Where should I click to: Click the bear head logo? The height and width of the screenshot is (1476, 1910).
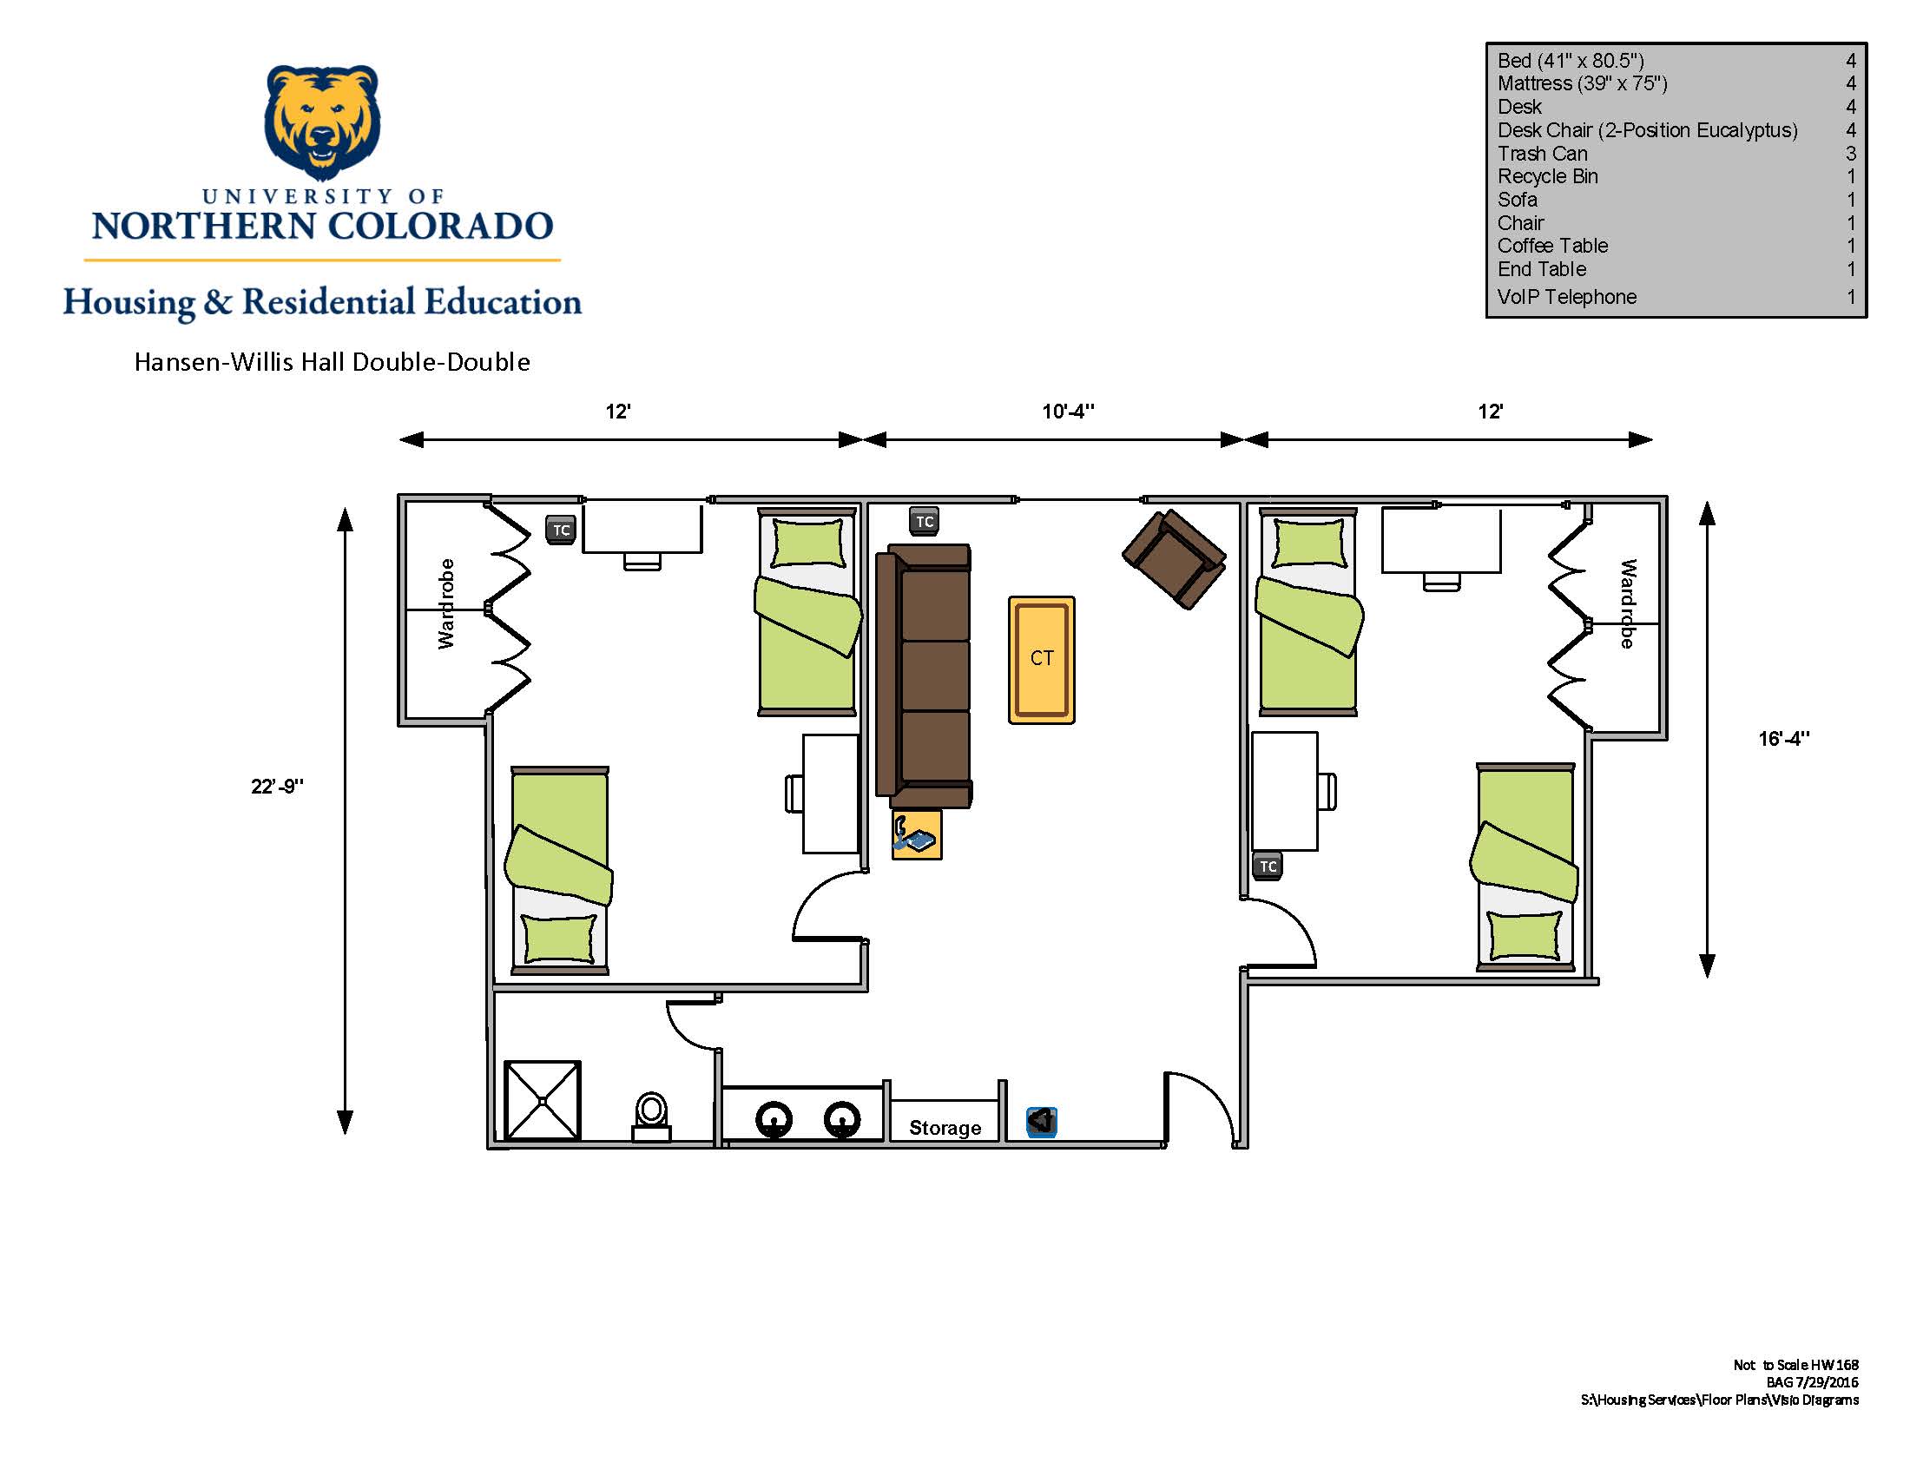click(x=322, y=122)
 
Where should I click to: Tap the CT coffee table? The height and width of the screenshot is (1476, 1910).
click(x=1042, y=660)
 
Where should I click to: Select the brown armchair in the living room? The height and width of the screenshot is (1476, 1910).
click(x=1174, y=559)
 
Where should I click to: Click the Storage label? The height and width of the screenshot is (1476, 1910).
click(x=945, y=1128)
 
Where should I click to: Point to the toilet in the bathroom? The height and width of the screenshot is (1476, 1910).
click(x=651, y=1117)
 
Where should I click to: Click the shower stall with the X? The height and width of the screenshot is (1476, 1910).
click(x=543, y=1100)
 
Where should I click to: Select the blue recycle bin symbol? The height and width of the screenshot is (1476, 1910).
click(x=1041, y=1121)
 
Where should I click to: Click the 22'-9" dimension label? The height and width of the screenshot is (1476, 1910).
click(x=277, y=786)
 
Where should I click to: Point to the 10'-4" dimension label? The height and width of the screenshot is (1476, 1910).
click(x=1068, y=411)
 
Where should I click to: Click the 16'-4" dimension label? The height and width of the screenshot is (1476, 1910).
click(x=1784, y=739)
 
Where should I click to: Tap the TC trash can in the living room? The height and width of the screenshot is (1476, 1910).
click(x=925, y=521)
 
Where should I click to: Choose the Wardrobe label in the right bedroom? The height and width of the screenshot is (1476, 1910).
click(x=1628, y=603)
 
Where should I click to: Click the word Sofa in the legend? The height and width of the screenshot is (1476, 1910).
click(x=1518, y=200)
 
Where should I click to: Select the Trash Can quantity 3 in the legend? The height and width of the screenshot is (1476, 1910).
click(x=1851, y=153)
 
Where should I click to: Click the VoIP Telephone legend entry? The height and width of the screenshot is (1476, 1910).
click(x=1566, y=297)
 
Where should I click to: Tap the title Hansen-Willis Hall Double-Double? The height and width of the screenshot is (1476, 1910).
click(x=333, y=362)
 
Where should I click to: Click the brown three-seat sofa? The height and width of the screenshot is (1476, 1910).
click(x=925, y=675)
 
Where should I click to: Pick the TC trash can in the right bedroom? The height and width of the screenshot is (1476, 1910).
click(x=1268, y=866)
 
